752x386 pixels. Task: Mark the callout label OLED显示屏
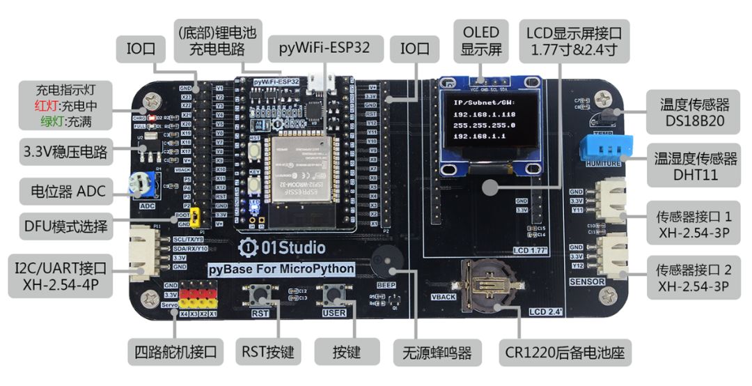[481, 41]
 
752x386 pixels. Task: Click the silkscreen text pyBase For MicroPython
[282, 269]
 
